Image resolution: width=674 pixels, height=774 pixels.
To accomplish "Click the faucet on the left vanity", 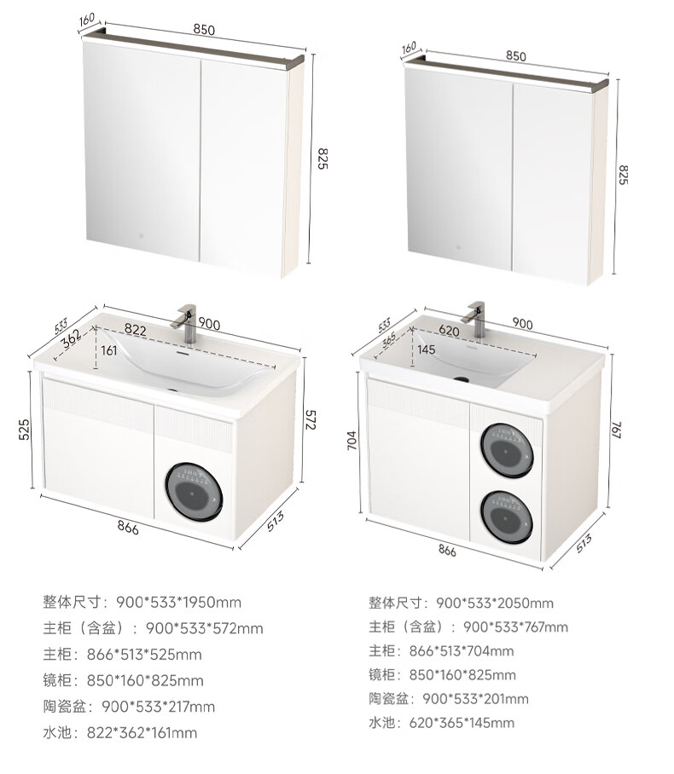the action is click(x=187, y=322).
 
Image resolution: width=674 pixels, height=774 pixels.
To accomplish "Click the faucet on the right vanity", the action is click(x=475, y=319).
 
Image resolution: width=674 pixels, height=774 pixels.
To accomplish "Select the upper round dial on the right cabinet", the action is click(x=508, y=450).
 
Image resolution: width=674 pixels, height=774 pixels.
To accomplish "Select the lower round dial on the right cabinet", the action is click(x=508, y=517).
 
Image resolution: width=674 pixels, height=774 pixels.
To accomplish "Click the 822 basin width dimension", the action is click(x=136, y=329).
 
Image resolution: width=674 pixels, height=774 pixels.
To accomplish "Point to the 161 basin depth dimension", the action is click(x=109, y=350).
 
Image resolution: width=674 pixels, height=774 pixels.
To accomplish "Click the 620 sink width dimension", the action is click(x=449, y=330).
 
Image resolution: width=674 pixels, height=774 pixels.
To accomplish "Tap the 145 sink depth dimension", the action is click(x=426, y=349).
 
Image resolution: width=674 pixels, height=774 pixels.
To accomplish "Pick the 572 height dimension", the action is click(x=310, y=419).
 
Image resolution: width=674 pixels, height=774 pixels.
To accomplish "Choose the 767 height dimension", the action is click(x=617, y=429).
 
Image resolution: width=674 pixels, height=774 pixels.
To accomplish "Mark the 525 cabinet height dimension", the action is click(x=24, y=429).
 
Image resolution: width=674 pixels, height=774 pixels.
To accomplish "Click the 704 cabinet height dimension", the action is click(x=352, y=441).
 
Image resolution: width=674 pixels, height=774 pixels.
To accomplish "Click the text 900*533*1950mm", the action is click(x=179, y=602).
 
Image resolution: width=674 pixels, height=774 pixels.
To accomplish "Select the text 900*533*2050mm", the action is click(x=495, y=603).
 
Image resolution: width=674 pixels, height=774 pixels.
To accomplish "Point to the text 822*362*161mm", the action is click(x=142, y=732).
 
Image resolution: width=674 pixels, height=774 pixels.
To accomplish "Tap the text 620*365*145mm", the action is click(x=462, y=723).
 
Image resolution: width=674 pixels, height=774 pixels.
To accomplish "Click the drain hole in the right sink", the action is click(x=462, y=379).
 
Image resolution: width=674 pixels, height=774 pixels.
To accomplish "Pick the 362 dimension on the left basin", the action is click(x=73, y=338).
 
